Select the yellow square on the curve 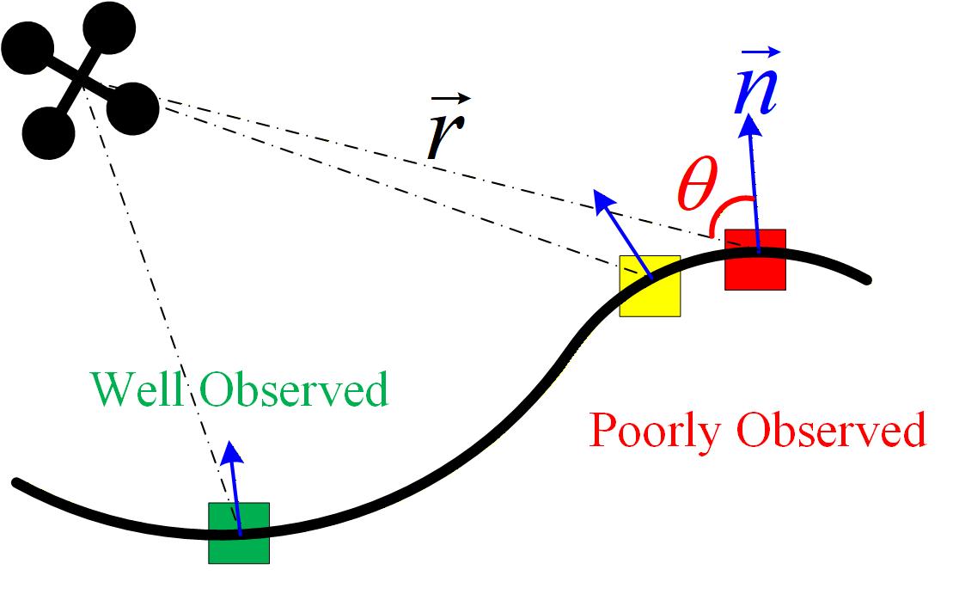click(x=650, y=286)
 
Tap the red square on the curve click(x=755, y=260)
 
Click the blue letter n click(x=755, y=89)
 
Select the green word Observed click(x=294, y=390)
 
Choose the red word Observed click(x=833, y=430)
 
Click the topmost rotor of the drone click(x=110, y=28)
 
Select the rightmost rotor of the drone click(x=132, y=108)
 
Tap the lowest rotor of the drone click(x=49, y=132)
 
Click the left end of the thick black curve click(x=17, y=484)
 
